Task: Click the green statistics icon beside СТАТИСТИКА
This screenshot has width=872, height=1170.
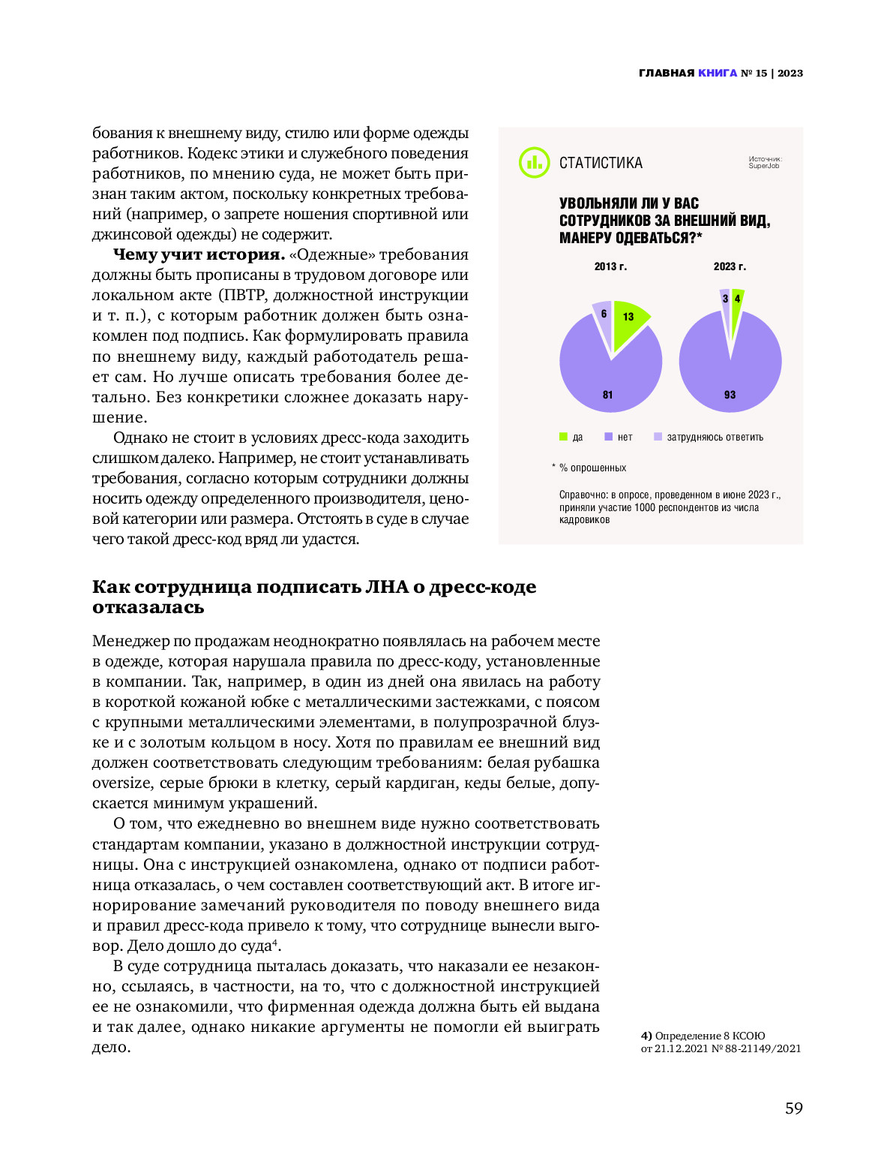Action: (534, 163)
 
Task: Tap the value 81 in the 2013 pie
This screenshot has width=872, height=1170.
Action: (607, 395)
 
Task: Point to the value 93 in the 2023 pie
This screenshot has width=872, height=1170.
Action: (730, 395)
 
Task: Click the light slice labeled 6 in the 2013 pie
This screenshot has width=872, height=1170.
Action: (603, 312)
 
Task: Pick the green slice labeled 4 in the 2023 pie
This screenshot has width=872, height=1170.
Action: (737, 299)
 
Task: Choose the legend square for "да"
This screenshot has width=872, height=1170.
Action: (564, 437)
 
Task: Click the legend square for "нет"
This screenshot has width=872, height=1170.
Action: (609, 437)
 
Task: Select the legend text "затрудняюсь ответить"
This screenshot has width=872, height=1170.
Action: (715, 438)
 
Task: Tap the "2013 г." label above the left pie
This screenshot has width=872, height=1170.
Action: (610, 266)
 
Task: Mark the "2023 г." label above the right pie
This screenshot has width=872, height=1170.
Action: (730, 266)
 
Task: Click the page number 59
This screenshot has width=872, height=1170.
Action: (793, 1108)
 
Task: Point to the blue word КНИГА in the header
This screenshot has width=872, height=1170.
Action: (718, 73)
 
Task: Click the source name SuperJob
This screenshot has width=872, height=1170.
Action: (763, 166)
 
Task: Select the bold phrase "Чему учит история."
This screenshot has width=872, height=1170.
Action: (199, 255)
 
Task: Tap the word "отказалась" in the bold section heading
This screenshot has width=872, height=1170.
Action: (148, 607)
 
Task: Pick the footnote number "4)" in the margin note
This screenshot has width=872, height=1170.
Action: (646, 1036)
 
